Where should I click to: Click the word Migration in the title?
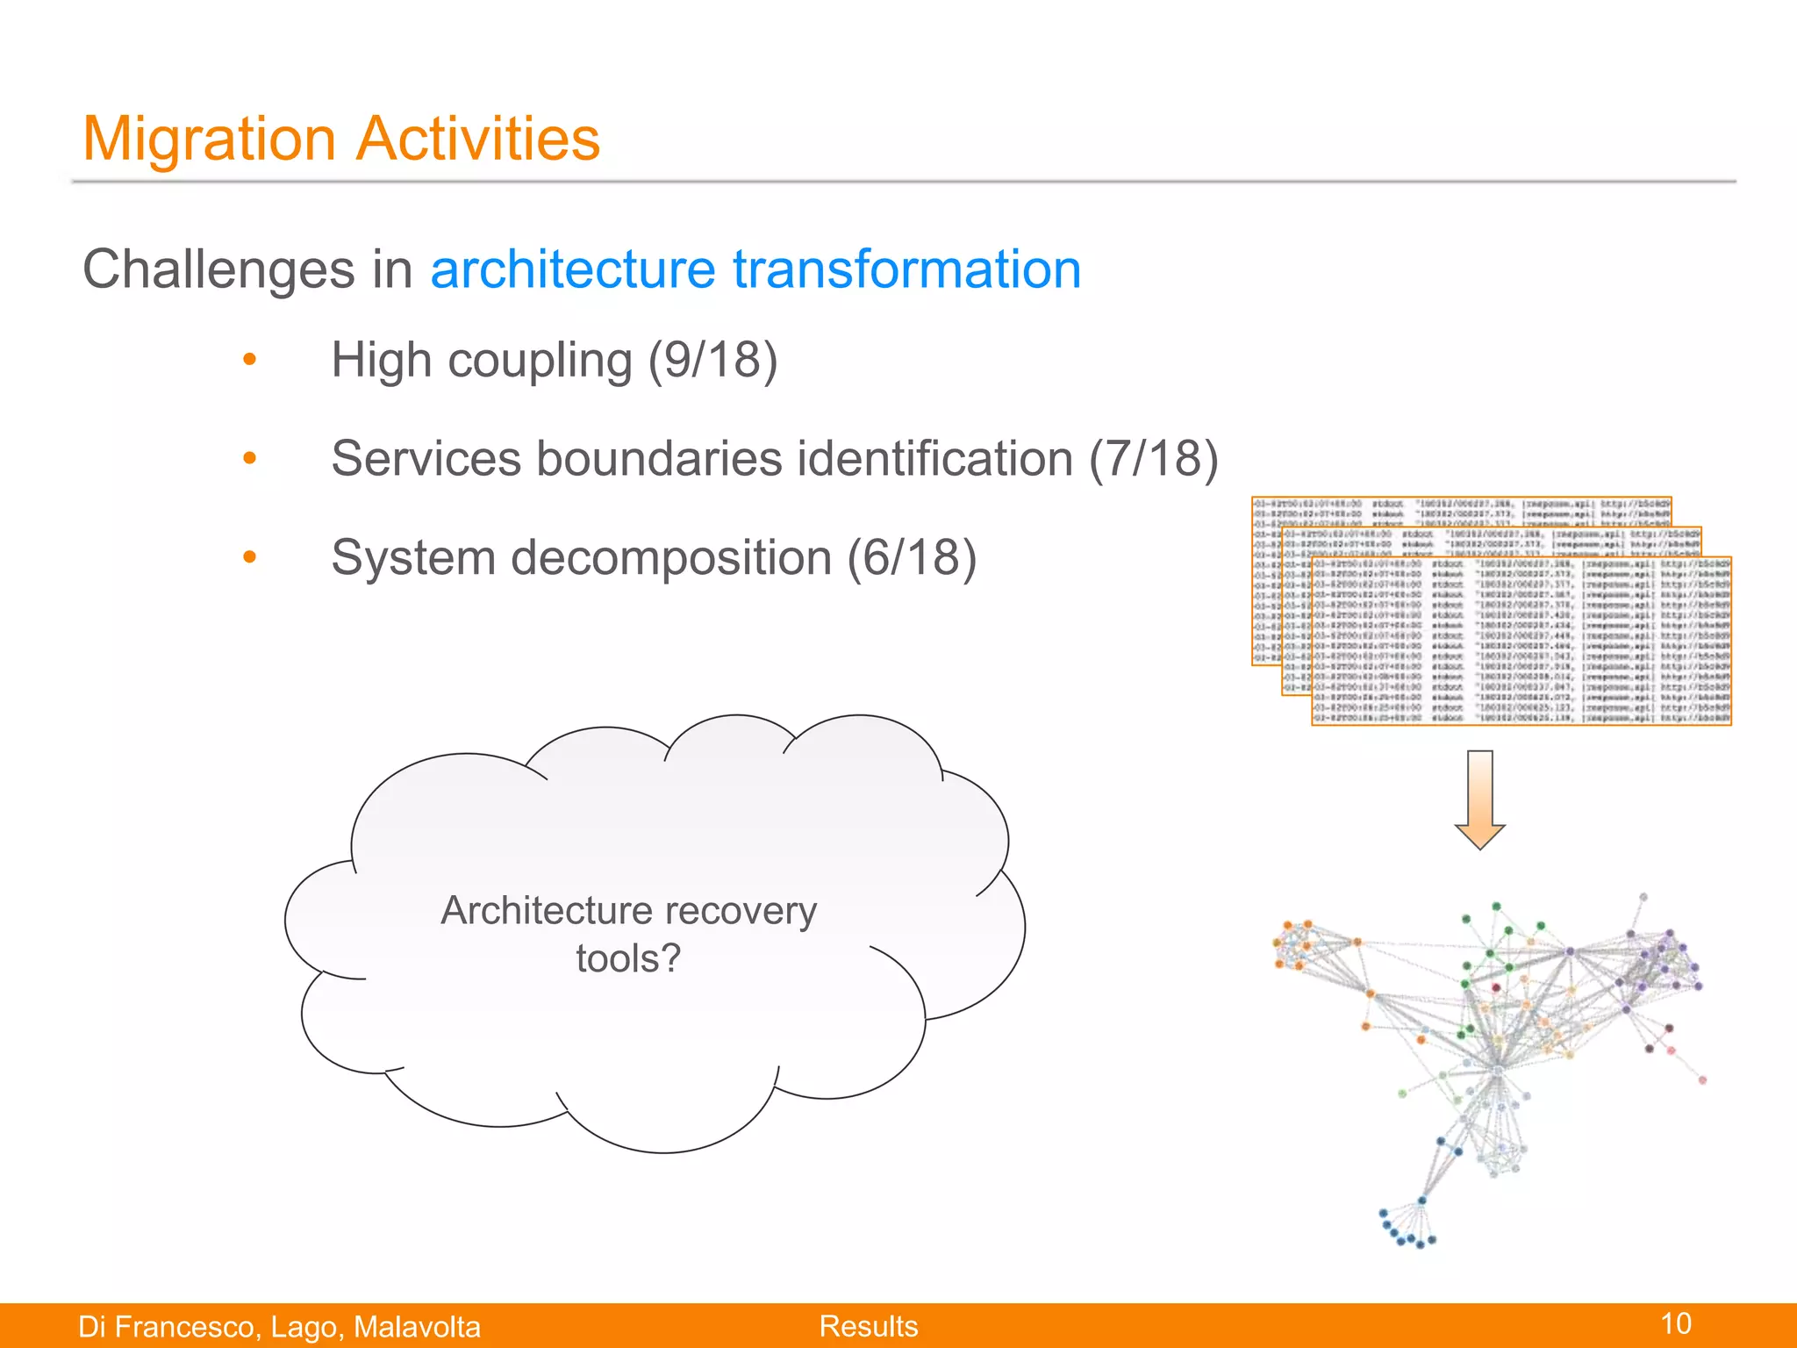pyautogui.click(x=209, y=140)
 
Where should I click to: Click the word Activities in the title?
pyautogui.click(x=479, y=140)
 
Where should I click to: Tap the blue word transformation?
pyautogui.click(x=906, y=269)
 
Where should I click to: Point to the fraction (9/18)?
pyautogui.click(x=712, y=361)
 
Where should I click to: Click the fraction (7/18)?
pyautogui.click(x=1153, y=459)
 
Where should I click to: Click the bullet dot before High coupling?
pyautogui.click(x=250, y=360)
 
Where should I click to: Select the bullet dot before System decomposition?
pyautogui.click(x=250, y=557)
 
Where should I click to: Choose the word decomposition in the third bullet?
pyautogui.click(x=670, y=558)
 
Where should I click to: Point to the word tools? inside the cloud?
pyautogui.click(x=628, y=958)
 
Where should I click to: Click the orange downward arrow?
pyautogui.click(x=1479, y=799)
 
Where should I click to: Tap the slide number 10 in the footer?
pyautogui.click(x=1676, y=1323)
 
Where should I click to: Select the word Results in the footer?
pyautogui.click(x=869, y=1326)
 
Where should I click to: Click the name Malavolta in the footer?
pyautogui.click(x=417, y=1327)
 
